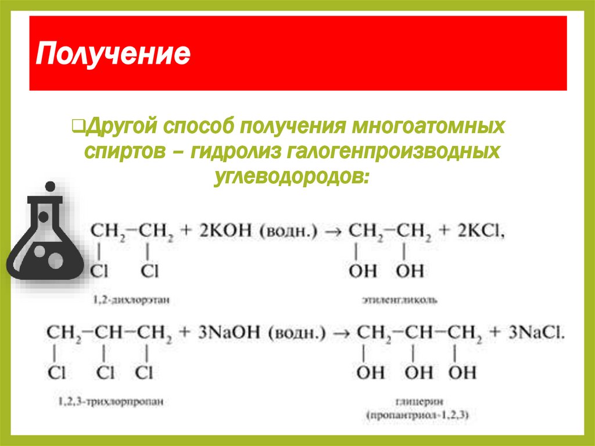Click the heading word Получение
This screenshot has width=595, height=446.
click(113, 55)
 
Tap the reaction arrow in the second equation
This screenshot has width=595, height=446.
click(342, 334)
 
